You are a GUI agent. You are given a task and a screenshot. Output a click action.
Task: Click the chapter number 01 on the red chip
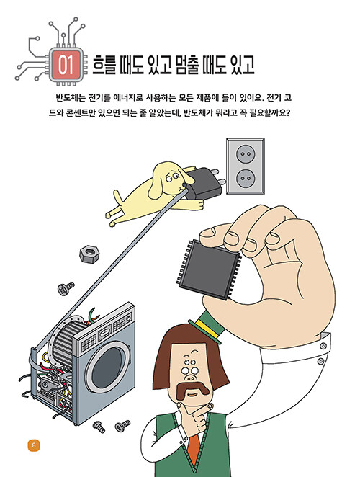tap(66, 65)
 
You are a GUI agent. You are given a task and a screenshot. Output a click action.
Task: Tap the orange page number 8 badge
tap(34, 446)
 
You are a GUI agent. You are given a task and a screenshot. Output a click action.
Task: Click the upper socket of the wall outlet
tap(246, 154)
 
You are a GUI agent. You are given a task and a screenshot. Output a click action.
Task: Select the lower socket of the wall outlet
tap(246, 178)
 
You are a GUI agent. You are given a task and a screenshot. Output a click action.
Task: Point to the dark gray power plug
tap(204, 184)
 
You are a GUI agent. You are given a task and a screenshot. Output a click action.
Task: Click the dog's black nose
tap(184, 184)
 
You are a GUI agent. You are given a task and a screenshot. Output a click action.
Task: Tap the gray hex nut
tap(89, 254)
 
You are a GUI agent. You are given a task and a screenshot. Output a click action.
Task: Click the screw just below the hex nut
tap(66, 288)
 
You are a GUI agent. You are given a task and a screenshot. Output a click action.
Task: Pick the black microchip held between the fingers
tap(209, 269)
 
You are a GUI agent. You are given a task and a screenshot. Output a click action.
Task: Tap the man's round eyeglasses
tap(191, 370)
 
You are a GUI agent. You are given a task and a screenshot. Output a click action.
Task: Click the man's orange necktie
tap(194, 451)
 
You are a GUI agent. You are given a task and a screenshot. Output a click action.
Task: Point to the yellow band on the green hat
tap(208, 329)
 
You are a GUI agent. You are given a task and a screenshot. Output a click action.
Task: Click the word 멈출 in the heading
tap(181, 65)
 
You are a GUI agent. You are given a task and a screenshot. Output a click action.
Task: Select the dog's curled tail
tap(118, 197)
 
